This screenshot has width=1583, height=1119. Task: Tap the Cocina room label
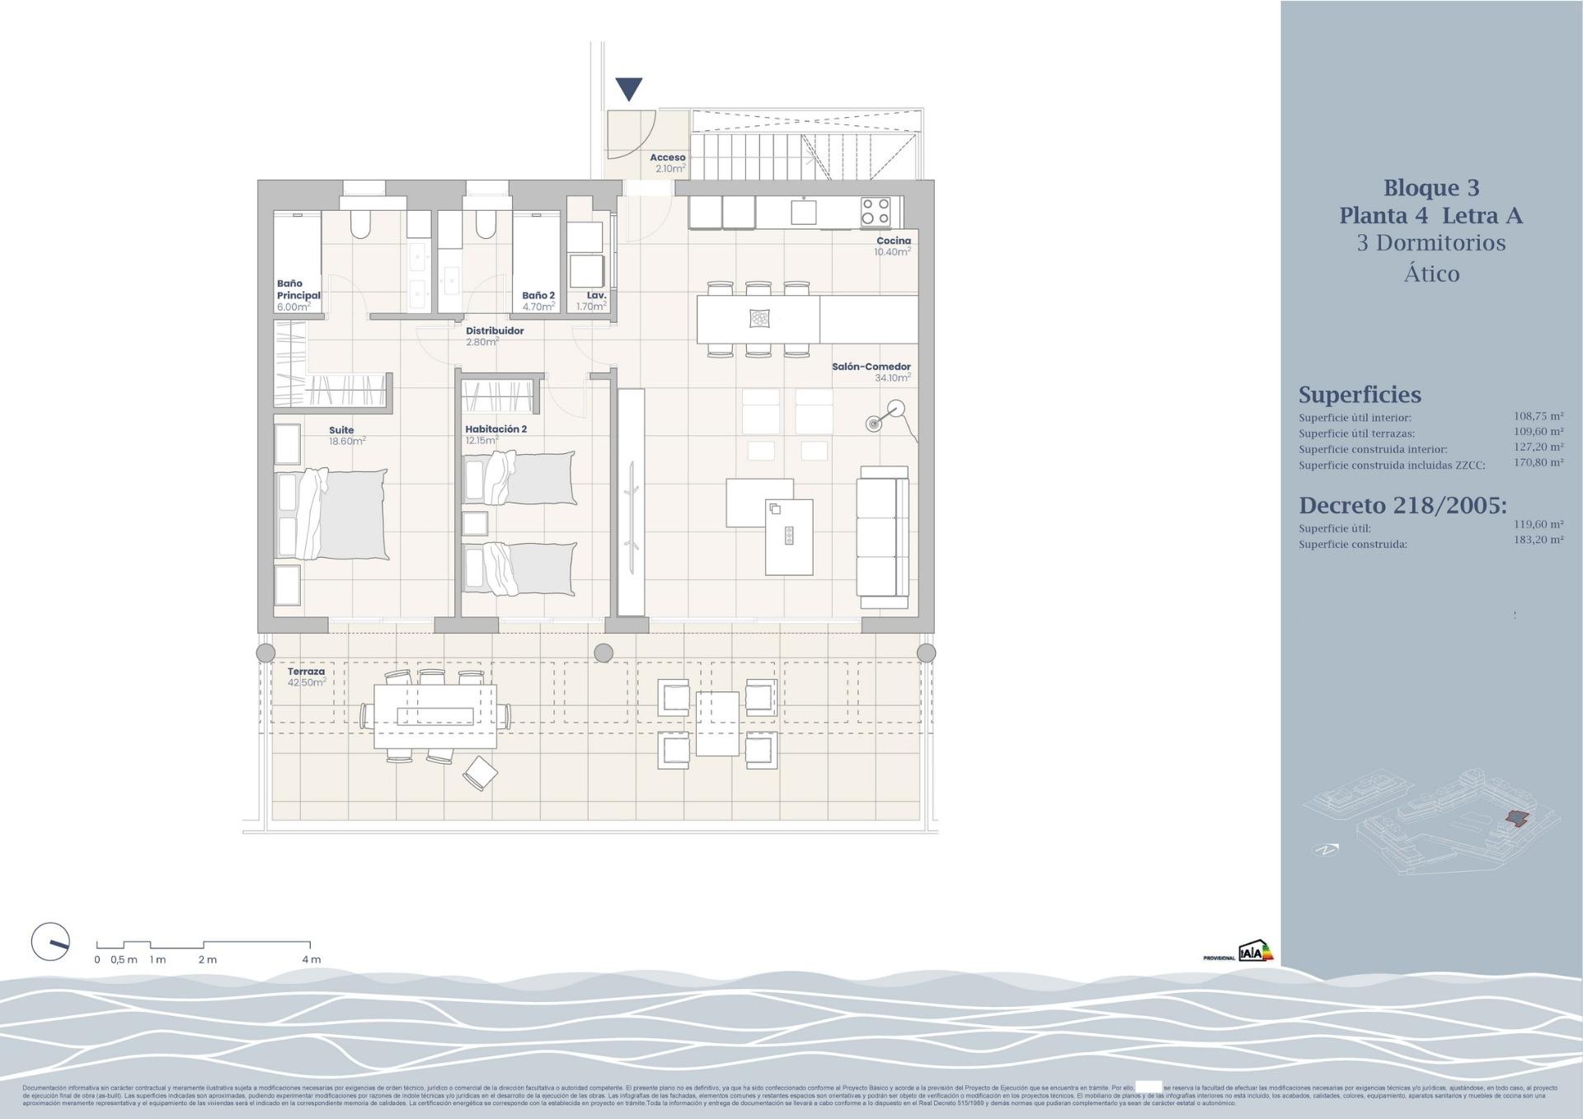click(893, 241)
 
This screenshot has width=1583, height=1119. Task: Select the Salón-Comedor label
click(871, 367)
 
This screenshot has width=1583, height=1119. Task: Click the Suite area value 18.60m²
click(346, 442)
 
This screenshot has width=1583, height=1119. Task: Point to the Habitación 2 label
click(496, 429)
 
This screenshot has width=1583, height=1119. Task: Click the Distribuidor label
click(495, 330)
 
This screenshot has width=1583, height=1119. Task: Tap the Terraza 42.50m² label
click(306, 677)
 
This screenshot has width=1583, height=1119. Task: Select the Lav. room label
click(596, 295)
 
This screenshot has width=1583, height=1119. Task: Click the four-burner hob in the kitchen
click(875, 211)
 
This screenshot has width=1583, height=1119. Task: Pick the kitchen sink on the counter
click(803, 212)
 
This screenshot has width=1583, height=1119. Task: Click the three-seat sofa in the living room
click(883, 531)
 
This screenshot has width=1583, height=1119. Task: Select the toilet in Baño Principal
click(361, 222)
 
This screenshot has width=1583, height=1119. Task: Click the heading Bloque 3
click(1430, 188)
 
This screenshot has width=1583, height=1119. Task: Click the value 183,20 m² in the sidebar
click(1538, 540)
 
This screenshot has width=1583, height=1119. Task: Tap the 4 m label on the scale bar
click(311, 959)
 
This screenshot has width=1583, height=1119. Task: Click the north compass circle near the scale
click(50, 942)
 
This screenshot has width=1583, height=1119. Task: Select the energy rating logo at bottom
click(1255, 952)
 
